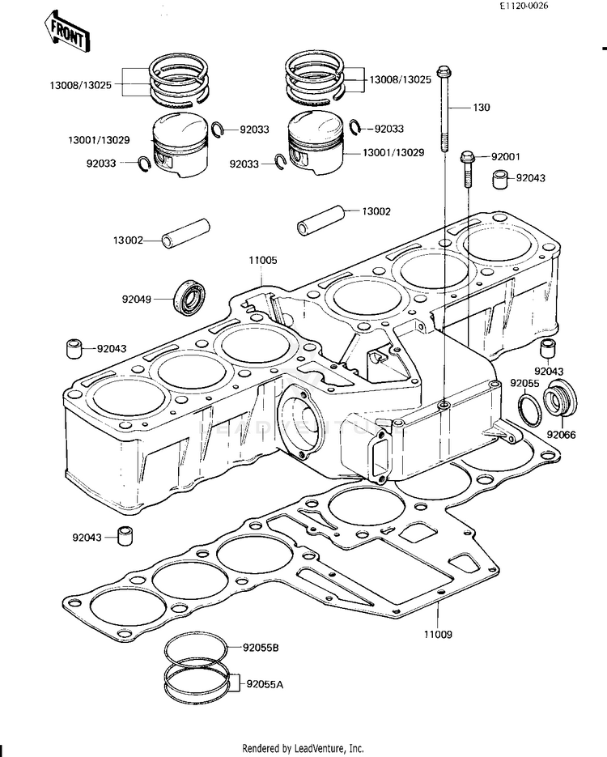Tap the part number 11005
tap(263, 261)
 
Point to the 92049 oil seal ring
tap(190, 296)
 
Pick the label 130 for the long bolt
tap(481, 108)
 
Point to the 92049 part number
tap(138, 298)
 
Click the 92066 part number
tap(560, 435)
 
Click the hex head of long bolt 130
tap(444, 73)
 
